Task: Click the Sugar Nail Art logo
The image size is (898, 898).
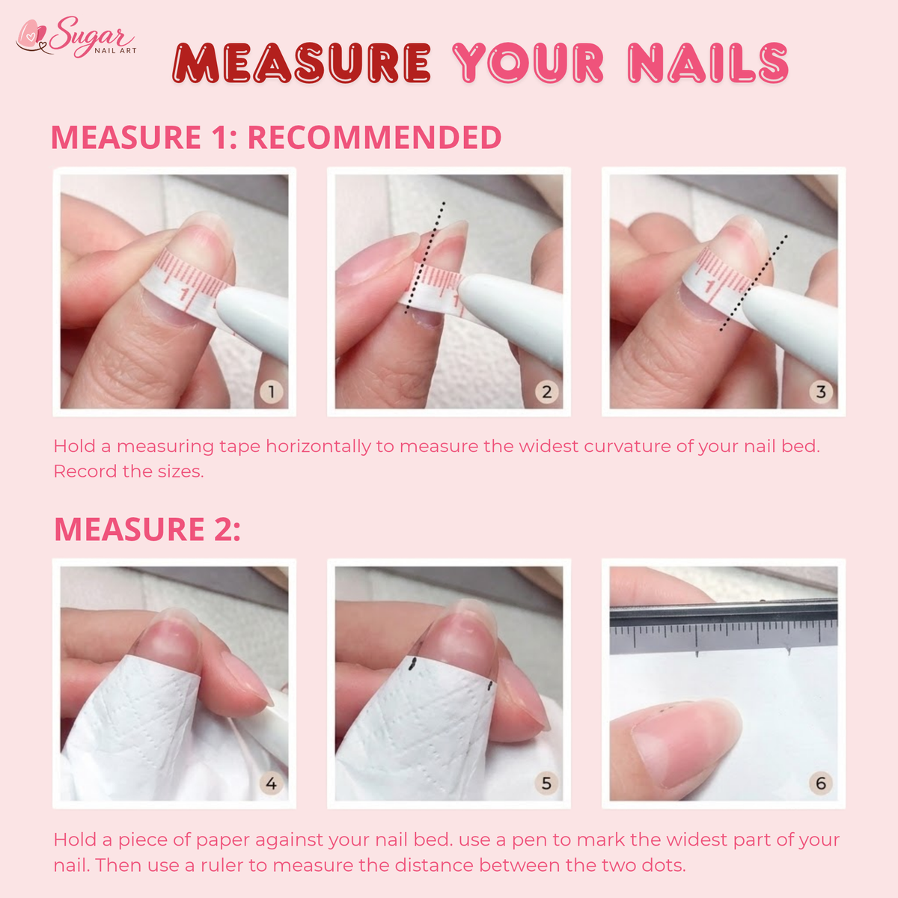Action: [x=76, y=37]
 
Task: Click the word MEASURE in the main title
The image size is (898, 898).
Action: [x=301, y=63]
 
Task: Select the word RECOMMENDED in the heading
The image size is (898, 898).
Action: [x=374, y=137]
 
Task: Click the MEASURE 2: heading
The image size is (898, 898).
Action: [x=147, y=529]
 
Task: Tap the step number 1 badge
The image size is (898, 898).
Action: [x=271, y=391]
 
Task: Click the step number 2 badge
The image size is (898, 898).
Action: [x=546, y=391]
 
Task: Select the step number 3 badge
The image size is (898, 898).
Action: [x=821, y=391]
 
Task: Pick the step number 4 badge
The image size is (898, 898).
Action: [x=271, y=784]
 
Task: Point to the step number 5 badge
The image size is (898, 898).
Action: [x=546, y=784]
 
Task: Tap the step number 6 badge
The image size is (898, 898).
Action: [x=821, y=784]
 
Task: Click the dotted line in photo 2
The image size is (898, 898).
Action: [x=425, y=257]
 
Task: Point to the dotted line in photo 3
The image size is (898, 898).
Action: [x=754, y=284]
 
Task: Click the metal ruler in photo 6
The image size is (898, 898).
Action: [x=724, y=623]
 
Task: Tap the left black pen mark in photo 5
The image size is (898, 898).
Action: [x=412, y=664]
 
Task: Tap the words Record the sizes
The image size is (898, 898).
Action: [x=129, y=471]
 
